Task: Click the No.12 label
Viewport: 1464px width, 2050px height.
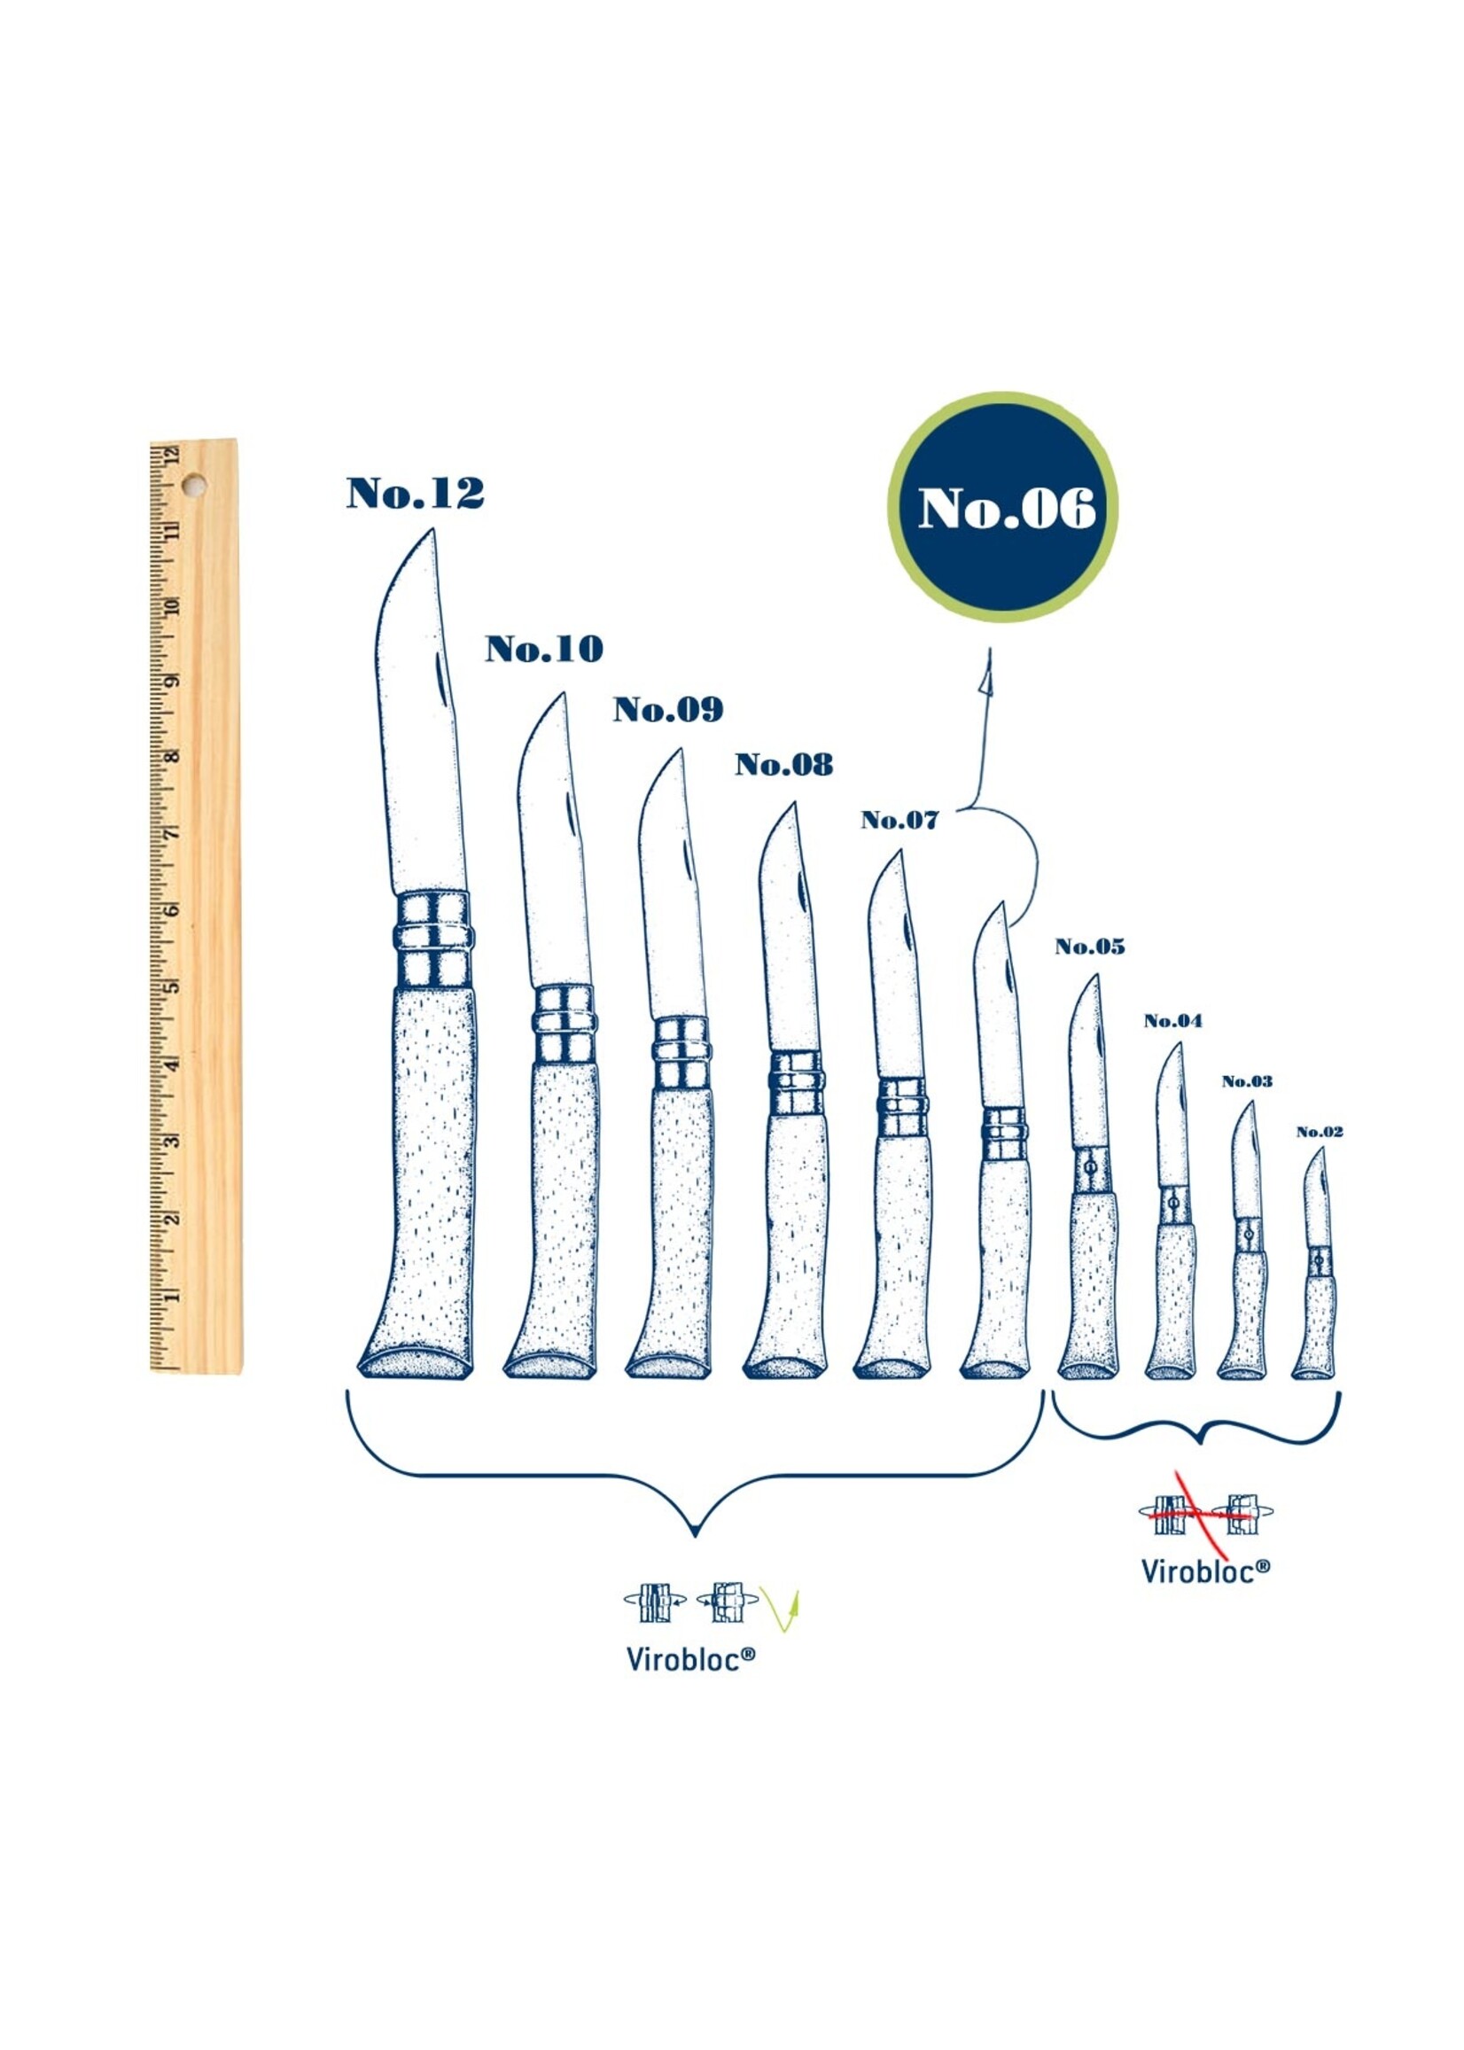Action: [x=416, y=493]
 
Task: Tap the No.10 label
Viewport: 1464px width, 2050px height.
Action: [x=544, y=649]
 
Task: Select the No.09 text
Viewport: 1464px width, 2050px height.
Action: [x=669, y=709]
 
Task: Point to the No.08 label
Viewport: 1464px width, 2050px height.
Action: [x=784, y=765]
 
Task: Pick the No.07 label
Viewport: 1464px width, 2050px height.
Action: [x=899, y=821]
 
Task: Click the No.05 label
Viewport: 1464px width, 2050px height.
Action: [x=1091, y=947]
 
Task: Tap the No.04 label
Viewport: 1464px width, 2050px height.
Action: [x=1172, y=1020]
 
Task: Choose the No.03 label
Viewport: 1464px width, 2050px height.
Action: [x=1247, y=1081]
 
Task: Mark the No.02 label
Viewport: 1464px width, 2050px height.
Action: [x=1320, y=1132]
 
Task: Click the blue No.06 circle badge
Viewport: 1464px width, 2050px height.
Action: [x=1003, y=508]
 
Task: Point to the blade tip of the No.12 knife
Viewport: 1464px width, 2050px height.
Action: [x=430, y=534]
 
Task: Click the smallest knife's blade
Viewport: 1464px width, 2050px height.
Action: [x=1317, y=1199]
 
